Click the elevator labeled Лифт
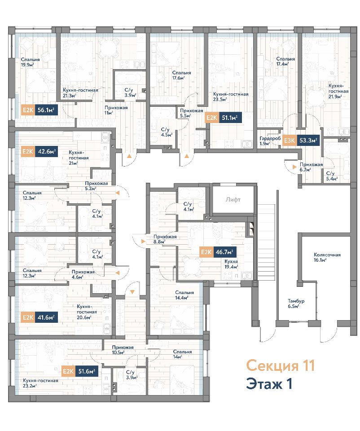pos(233,199)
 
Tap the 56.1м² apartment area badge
pos(46,110)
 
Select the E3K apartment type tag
pos(289,141)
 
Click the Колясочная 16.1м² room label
pos(327,257)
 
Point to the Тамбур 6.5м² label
pos(296,303)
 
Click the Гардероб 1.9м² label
pos(270,141)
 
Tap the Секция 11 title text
pos(280,365)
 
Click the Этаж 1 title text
pos(269,384)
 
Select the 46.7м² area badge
pos(225,252)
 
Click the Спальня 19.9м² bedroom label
pos(30,62)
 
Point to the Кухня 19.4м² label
pos(231,264)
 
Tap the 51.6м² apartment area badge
pos(87,371)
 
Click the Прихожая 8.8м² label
pos(165,239)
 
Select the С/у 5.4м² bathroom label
pos(332,176)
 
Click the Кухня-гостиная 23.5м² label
pos(231,97)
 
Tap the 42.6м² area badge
pos(46,151)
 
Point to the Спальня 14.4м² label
pos(184,295)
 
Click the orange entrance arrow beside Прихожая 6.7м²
pos(294,167)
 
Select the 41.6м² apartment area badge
pos(46,317)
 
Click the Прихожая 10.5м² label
pos(123,350)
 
